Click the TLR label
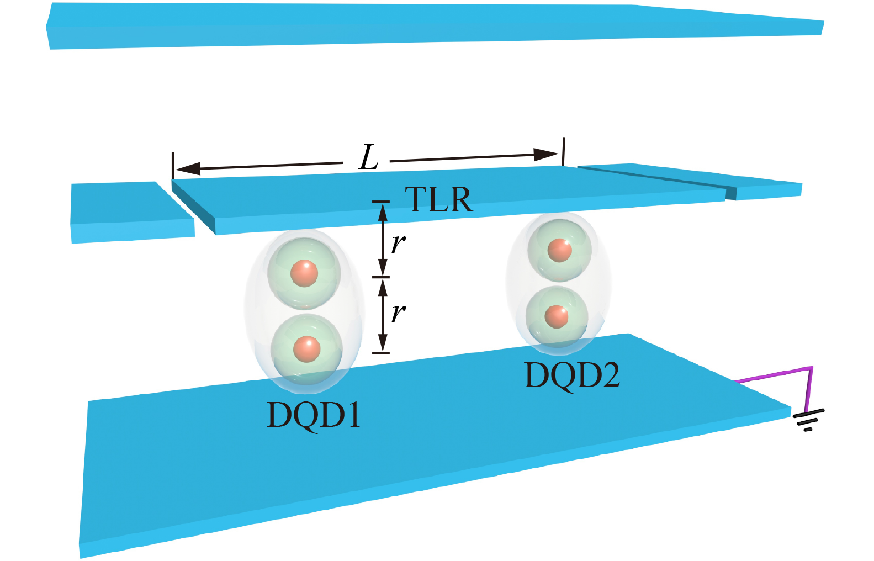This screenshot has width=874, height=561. (439, 200)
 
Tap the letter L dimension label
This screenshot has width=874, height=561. (368, 158)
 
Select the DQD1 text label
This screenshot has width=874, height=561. (314, 415)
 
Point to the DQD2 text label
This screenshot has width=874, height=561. (571, 375)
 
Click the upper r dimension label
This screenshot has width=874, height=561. (398, 243)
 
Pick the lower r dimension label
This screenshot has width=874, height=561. (398, 313)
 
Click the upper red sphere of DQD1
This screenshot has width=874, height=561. (304, 273)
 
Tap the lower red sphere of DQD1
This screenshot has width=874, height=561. (306, 349)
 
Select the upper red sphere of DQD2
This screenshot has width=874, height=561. (559, 250)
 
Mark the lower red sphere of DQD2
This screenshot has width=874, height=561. (556, 316)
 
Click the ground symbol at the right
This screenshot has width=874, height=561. (808, 420)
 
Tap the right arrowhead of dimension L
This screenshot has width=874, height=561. (547, 154)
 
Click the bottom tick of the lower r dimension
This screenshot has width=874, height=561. (381, 352)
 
